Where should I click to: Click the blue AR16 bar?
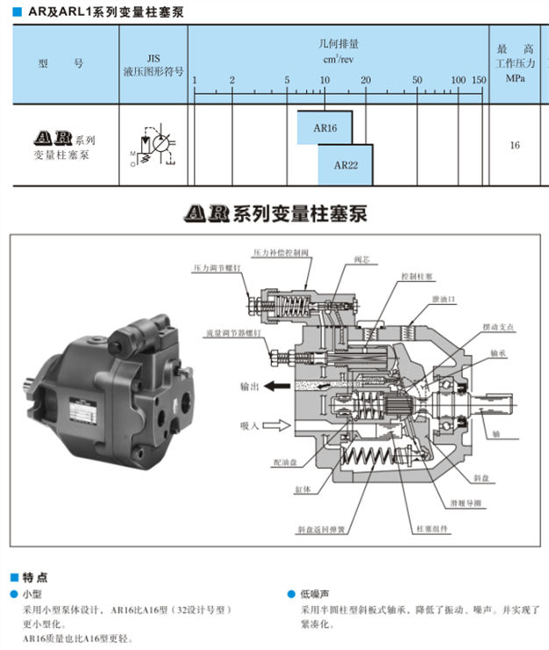pos(324,127)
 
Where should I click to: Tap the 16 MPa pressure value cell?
pos(514,145)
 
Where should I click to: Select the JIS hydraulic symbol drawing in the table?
pos(154,145)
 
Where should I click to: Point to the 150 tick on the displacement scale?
pos(478,81)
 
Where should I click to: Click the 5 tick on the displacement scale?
pos(287,81)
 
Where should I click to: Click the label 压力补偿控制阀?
pos(281,252)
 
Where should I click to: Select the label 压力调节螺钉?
pos(217,269)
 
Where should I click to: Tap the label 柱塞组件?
pos(431,531)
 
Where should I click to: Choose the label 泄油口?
pos(443,299)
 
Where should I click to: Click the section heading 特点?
pos(35,577)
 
